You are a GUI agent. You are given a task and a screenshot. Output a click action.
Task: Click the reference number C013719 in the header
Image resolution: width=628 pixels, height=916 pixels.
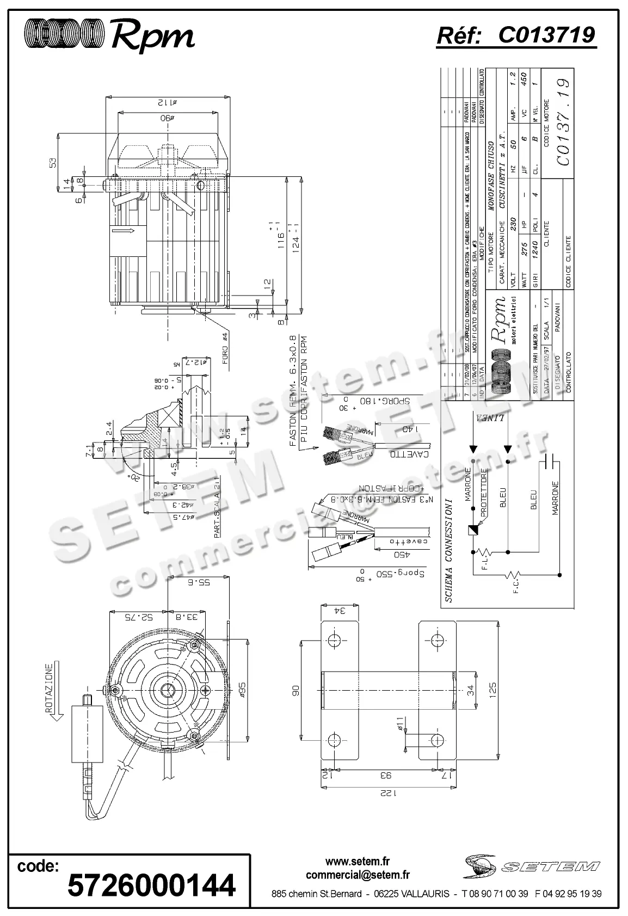tap(546, 35)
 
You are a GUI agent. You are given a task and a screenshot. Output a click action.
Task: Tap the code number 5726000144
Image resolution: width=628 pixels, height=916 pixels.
tap(151, 884)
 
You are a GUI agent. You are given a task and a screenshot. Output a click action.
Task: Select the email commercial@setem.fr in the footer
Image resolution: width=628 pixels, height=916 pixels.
tap(358, 875)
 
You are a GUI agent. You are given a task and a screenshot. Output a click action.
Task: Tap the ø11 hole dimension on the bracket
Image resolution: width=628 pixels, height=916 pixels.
tap(400, 723)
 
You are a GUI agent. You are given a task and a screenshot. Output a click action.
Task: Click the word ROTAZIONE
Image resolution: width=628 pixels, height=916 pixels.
tap(48, 688)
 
